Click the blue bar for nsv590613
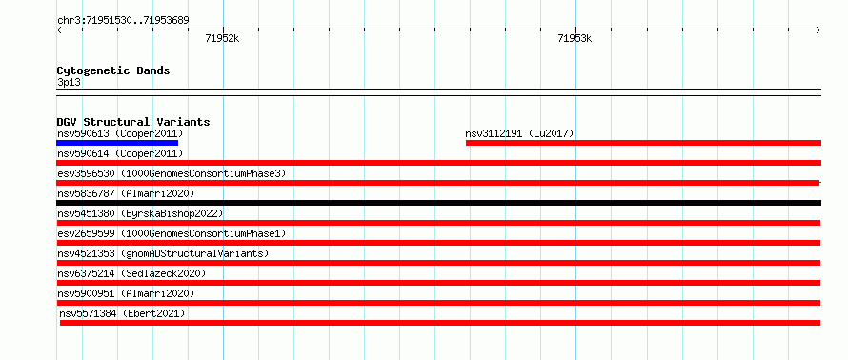pos(117,143)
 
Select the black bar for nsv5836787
pos(438,203)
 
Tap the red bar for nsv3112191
pos(643,143)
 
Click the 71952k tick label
pos(222,38)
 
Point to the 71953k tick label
pos(575,38)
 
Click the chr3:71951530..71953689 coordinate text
pos(123,21)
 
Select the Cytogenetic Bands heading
pos(113,70)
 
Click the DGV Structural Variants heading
pos(133,122)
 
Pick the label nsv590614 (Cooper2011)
pos(120,153)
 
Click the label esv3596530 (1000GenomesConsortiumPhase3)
pos(172,173)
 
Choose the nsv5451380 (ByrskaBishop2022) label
pos(140,213)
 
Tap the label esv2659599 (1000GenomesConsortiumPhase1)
pos(172,233)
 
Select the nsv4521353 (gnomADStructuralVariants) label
pos(163,253)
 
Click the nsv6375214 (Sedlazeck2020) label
pos(131,273)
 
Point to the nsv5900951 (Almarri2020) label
pos(126,293)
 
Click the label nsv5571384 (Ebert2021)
pos(122,313)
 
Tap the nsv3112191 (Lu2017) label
pos(519,133)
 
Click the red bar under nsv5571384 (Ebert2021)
pos(440,323)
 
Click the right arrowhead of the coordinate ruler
pos(818,30)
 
